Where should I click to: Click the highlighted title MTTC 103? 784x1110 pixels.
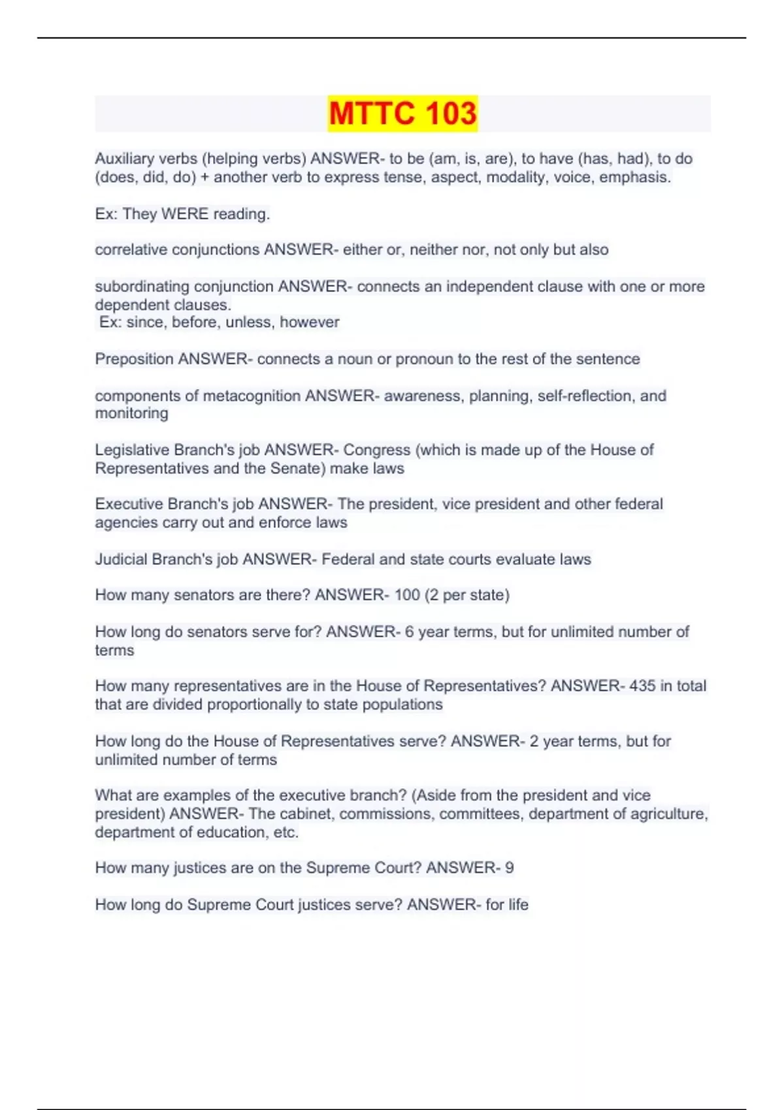coord(402,113)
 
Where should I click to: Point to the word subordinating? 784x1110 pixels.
coord(142,287)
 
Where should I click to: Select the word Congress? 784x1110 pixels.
coord(377,450)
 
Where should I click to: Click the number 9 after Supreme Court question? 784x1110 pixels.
coord(510,868)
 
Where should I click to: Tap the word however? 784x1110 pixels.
coord(310,323)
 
